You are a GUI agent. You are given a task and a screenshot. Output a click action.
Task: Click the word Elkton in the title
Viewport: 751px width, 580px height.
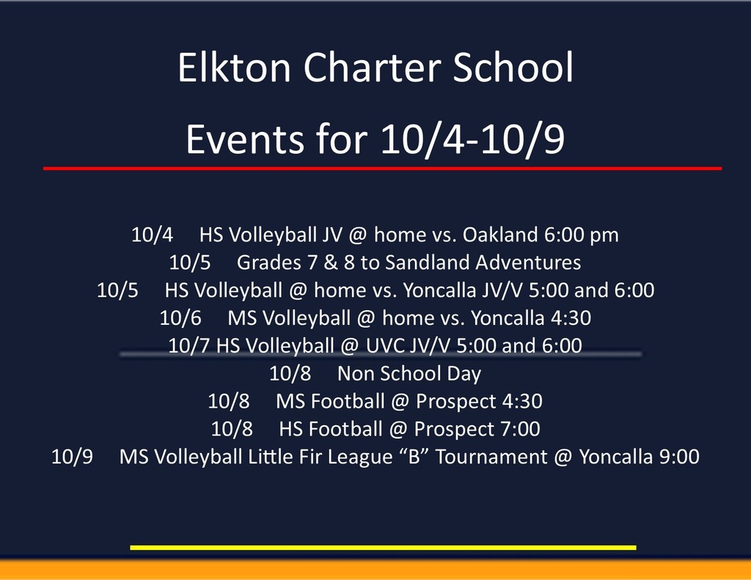tap(234, 67)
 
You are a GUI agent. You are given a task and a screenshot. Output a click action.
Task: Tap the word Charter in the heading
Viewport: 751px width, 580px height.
tap(372, 67)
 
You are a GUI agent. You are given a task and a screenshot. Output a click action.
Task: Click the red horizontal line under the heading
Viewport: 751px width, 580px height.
tap(382, 169)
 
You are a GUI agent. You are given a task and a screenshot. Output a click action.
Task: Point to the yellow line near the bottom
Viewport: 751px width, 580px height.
tap(383, 548)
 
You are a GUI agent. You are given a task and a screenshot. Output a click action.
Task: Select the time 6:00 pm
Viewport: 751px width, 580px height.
tap(582, 235)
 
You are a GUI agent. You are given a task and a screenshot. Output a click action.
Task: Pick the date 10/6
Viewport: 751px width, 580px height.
tap(180, 318)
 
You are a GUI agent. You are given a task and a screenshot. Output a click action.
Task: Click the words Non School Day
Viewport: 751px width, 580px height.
tap(409, 374)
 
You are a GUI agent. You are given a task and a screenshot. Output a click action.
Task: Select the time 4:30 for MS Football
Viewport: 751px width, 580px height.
tap(522, 401)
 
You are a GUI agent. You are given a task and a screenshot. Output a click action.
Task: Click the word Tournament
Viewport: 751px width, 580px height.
tap(491, 457)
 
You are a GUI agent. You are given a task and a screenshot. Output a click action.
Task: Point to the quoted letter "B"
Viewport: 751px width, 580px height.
tap(414, 456)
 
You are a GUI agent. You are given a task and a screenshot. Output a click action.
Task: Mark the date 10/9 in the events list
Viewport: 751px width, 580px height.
tap(72, 457)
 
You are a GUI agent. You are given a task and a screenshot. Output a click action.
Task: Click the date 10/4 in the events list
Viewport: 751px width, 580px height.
tap(153, 235)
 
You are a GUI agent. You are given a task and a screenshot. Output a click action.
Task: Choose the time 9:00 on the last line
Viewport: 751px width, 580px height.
tap(679, 457)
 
